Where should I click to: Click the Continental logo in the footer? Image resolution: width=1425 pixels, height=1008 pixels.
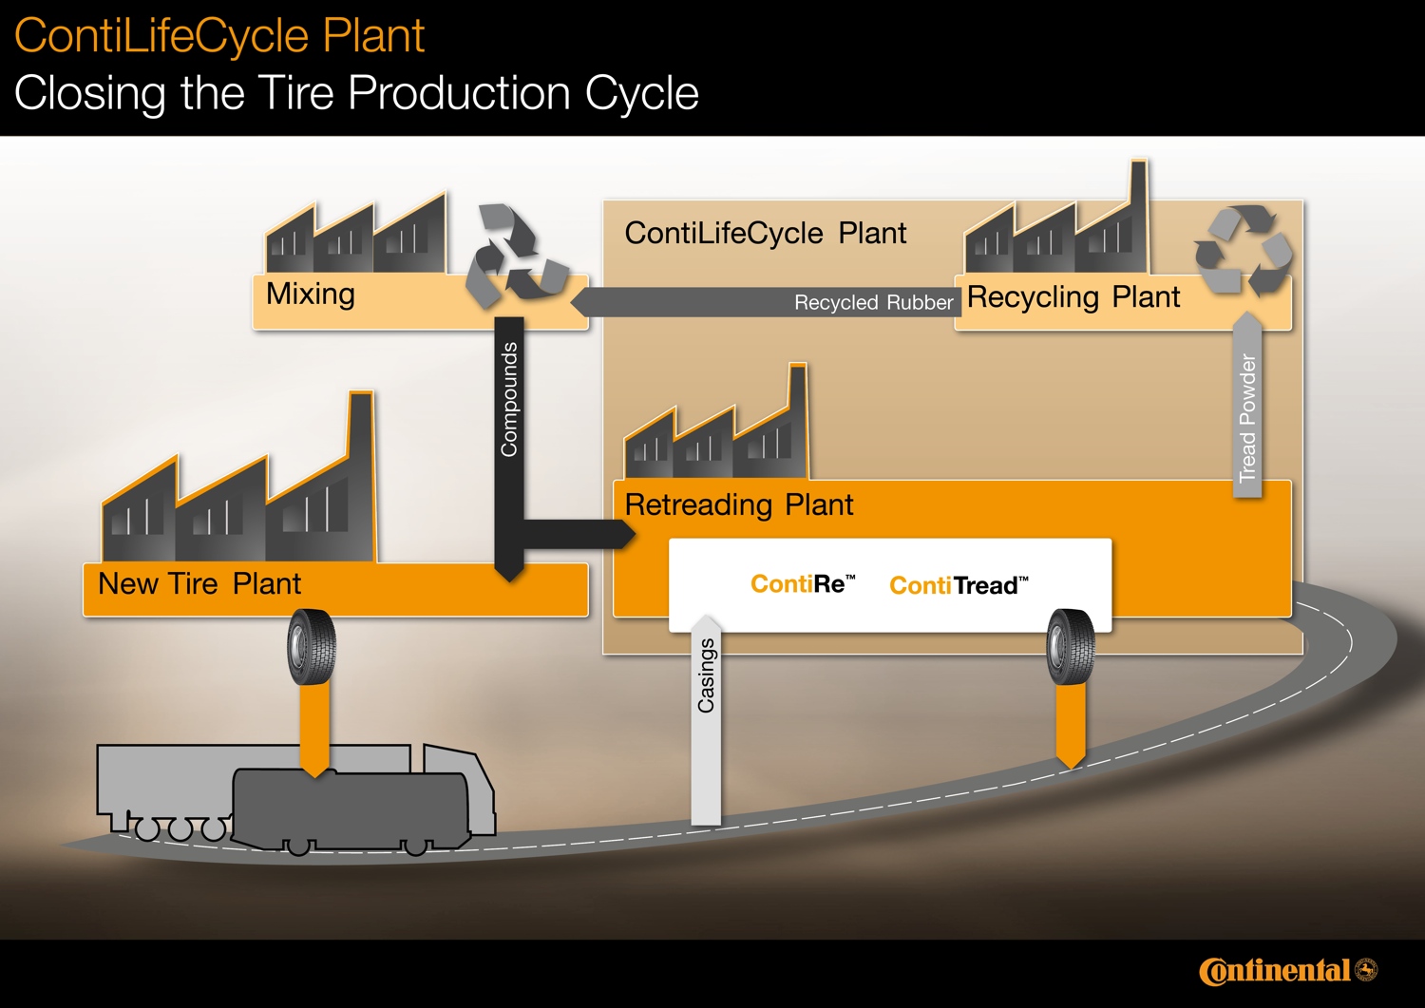[x=1286, y=970]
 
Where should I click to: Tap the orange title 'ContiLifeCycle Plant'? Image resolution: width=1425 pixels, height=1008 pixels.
[x=219, y=36]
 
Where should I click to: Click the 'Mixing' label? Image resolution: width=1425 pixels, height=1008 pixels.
[x=311, y=294]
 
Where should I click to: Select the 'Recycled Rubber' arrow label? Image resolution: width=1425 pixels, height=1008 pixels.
[x=873, y=302]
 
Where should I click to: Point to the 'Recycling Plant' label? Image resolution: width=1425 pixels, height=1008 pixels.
[x=1073, y=297]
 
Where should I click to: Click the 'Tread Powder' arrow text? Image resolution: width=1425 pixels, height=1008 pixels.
[x=1247, y=418]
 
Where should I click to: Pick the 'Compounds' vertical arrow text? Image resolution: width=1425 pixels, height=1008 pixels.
[x=509, y=399]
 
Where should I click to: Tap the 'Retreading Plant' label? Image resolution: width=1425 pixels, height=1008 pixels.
[x=739, y=504]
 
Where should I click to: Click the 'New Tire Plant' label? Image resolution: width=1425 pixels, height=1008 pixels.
[x=199, y=583]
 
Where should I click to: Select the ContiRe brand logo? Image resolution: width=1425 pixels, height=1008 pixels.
[x=803, y=584]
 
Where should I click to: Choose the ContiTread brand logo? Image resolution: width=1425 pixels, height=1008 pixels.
[x=959, y=585]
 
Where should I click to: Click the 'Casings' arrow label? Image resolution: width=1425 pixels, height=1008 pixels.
[x=706, y=675]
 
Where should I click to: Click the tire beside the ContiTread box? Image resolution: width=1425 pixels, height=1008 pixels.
[x=1071, y=646]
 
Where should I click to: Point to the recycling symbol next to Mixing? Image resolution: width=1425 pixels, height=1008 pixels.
[x=514, y=255]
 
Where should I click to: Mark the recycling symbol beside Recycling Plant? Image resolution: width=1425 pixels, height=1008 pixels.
[x=1244, y=250]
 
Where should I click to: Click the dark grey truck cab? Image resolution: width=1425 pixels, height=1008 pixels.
[x=351, y=808]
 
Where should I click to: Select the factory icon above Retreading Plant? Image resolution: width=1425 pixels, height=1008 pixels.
[x=717, y=432]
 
